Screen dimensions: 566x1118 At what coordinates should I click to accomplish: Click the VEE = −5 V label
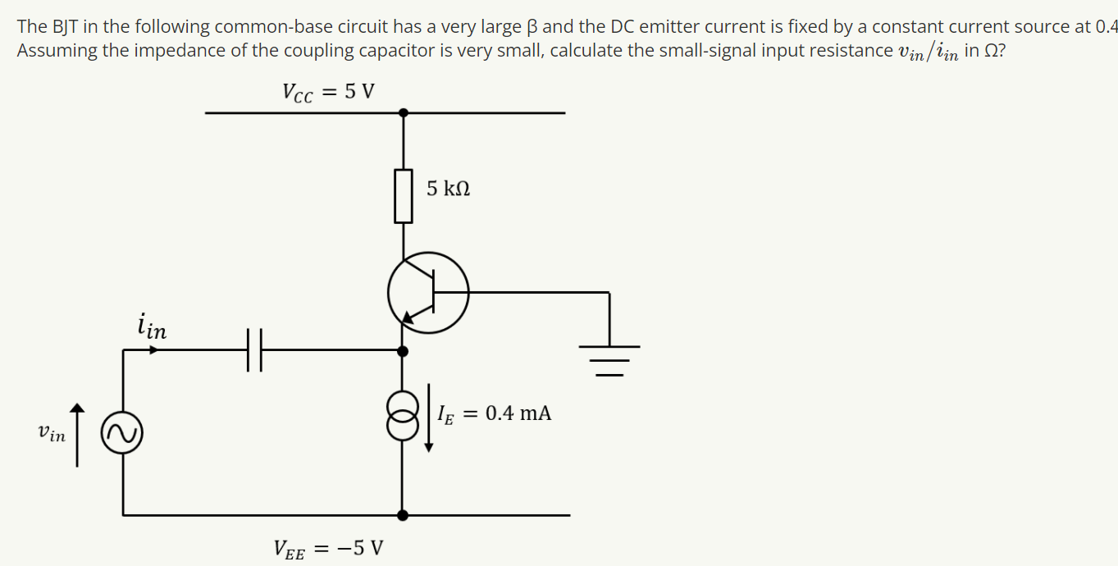coord(329,548)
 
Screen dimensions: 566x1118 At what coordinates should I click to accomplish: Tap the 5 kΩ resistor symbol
coord(403,195)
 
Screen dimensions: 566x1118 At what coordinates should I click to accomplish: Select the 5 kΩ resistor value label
coord(448,189)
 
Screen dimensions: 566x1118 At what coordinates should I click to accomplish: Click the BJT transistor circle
coord(428,292)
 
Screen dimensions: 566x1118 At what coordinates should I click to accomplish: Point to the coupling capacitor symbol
coord(254,350)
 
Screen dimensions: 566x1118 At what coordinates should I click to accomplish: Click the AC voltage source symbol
coord(122,432)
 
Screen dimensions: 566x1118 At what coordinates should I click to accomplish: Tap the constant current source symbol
coord(402,413)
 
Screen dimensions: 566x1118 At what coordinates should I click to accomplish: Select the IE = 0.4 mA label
coord(495,413)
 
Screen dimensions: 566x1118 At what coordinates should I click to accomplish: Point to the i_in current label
coord(153,326)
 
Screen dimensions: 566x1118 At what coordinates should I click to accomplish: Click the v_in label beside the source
coord(51,433)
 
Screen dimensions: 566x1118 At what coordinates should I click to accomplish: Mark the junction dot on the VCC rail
coord(402,112)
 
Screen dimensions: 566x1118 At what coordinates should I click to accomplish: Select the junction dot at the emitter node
coord(402,350)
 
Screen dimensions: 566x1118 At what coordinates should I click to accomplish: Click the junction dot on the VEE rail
coord(402,515)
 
